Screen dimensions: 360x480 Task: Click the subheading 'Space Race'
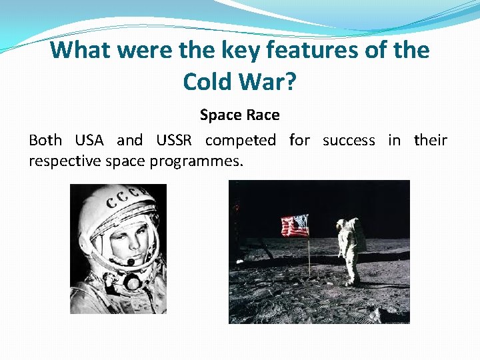point(239,115)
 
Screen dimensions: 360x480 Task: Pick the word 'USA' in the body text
point(89,140)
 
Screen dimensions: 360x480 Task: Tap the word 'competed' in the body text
point(240,140)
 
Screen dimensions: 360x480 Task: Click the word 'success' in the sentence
point(348,140)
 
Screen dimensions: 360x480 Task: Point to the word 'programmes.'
point(201,161)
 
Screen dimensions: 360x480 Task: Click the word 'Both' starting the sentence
point(45,140)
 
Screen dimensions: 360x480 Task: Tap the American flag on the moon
point(294,226)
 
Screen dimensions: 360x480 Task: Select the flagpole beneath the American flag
point(309,257)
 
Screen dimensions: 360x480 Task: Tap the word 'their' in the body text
point(431,140)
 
